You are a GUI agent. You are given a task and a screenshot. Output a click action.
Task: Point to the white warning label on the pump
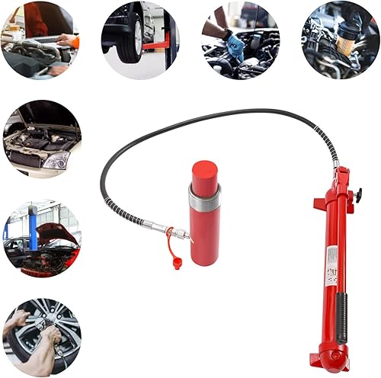pyautogui.click(x=333, y=263)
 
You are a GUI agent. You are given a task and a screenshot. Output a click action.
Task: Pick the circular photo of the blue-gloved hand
pyautogui.click(x=240, y=40)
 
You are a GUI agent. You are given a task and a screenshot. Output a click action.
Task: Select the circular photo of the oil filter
pyautogui.click(x=340, y=39)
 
